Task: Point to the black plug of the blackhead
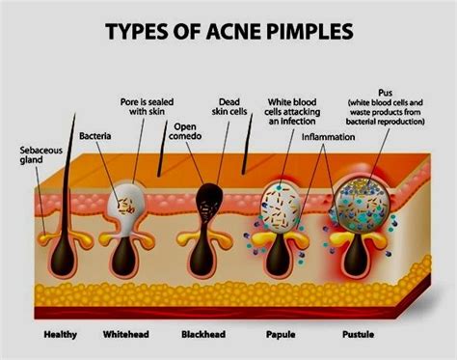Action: pos(206,201)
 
